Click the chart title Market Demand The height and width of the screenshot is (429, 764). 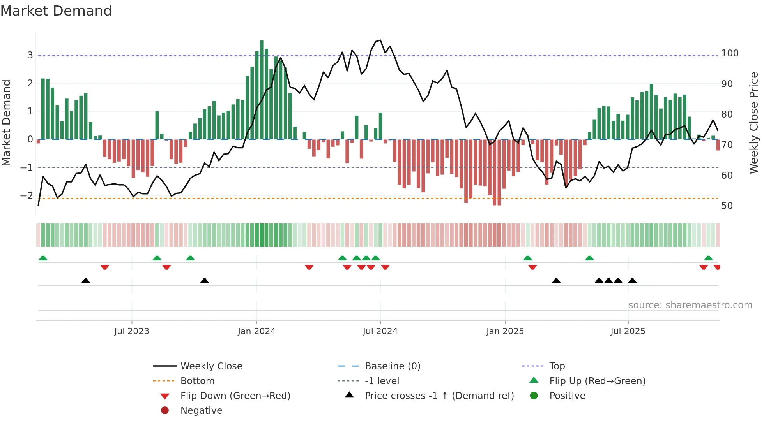(x=56, y=11)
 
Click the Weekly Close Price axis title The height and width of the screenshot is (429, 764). (x=754, y=123)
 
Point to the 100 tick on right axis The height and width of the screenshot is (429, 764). (x=730, y=53)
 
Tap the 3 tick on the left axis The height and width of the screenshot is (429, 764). (x=30, y=55)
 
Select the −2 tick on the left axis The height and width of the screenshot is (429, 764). (x=27, y=195)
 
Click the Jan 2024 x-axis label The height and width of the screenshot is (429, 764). (x=256, y=331)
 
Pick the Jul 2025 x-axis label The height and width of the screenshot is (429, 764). (x=628, y=331)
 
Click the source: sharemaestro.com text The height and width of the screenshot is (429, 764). (x=690, y=305)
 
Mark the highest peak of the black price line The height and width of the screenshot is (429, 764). (x=380, y=40)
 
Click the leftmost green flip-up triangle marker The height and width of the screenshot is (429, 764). (x=43, y=258)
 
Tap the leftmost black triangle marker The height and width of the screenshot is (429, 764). (x=86, y=281)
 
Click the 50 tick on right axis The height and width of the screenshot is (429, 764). (x=727, y=206)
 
